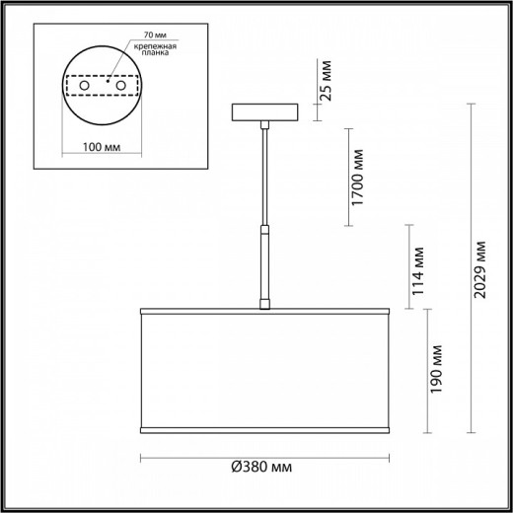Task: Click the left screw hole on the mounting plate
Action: (86, 88)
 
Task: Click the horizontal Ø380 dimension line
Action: (197, 455)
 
